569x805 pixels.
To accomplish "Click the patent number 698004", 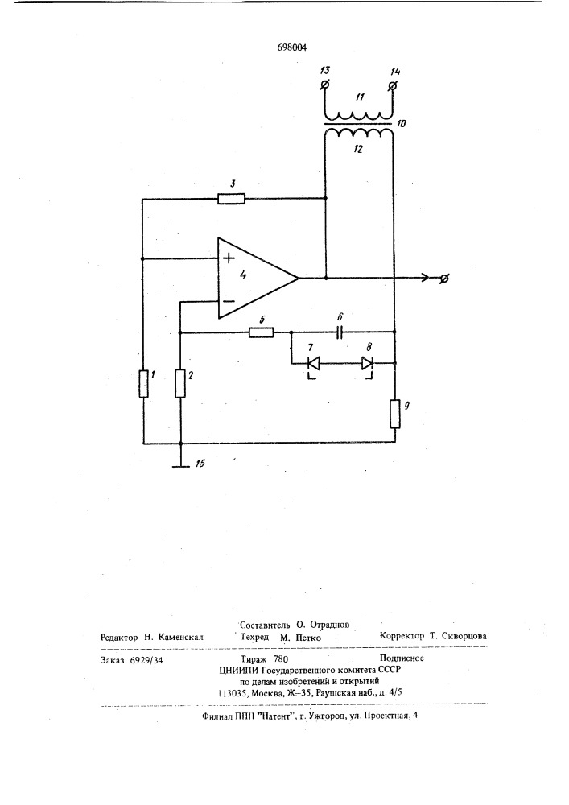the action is (292, 47).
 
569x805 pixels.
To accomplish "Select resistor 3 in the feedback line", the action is (232, 199).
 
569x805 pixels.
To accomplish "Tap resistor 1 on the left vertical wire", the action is (144, 384).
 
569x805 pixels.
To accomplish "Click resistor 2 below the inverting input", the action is (180, 384).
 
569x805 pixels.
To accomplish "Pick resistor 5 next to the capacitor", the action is (261, 332).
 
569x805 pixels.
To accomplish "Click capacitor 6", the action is (340, 332).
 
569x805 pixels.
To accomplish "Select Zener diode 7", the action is (313, 365).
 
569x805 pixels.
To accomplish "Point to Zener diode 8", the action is (366, 365).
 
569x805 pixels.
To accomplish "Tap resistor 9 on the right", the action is (395, 415).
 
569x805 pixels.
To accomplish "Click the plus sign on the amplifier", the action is (229, 258).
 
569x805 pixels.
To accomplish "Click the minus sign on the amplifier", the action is (229, 302).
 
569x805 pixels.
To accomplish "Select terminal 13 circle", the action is (324, 85).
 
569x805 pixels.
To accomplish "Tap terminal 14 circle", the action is (393, 85).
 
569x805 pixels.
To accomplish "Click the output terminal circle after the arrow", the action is (445, 279).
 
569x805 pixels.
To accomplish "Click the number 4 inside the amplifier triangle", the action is (243, 275).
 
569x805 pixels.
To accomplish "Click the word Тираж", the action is (254, 659).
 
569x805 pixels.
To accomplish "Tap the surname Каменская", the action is (180, 637).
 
